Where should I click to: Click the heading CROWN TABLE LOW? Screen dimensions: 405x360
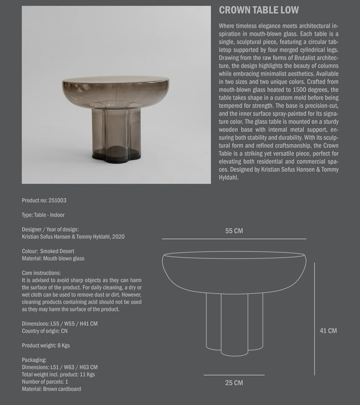click(258, 10)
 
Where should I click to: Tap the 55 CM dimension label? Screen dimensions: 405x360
click(234, 231)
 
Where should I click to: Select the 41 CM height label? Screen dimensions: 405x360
click(328, 330)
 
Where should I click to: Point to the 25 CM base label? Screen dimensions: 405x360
click(234, 383)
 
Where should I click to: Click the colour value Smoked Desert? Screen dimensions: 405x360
click(57, 251)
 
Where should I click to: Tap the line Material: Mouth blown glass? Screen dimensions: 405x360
click(53, 258)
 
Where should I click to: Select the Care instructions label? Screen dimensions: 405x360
click(41, 273)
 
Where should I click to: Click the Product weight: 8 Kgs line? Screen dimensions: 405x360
click(45, 345)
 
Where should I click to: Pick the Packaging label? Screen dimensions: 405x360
click(34, 360)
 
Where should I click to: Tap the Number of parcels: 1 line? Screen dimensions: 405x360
click(45, 381)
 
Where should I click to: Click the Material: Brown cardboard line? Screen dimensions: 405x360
click(51, 388)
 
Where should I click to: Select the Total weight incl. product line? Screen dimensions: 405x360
click(58, 374)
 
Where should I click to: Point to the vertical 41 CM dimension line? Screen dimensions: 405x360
click(314, 319)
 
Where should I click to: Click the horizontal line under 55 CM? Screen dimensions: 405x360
click(234, 239)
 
